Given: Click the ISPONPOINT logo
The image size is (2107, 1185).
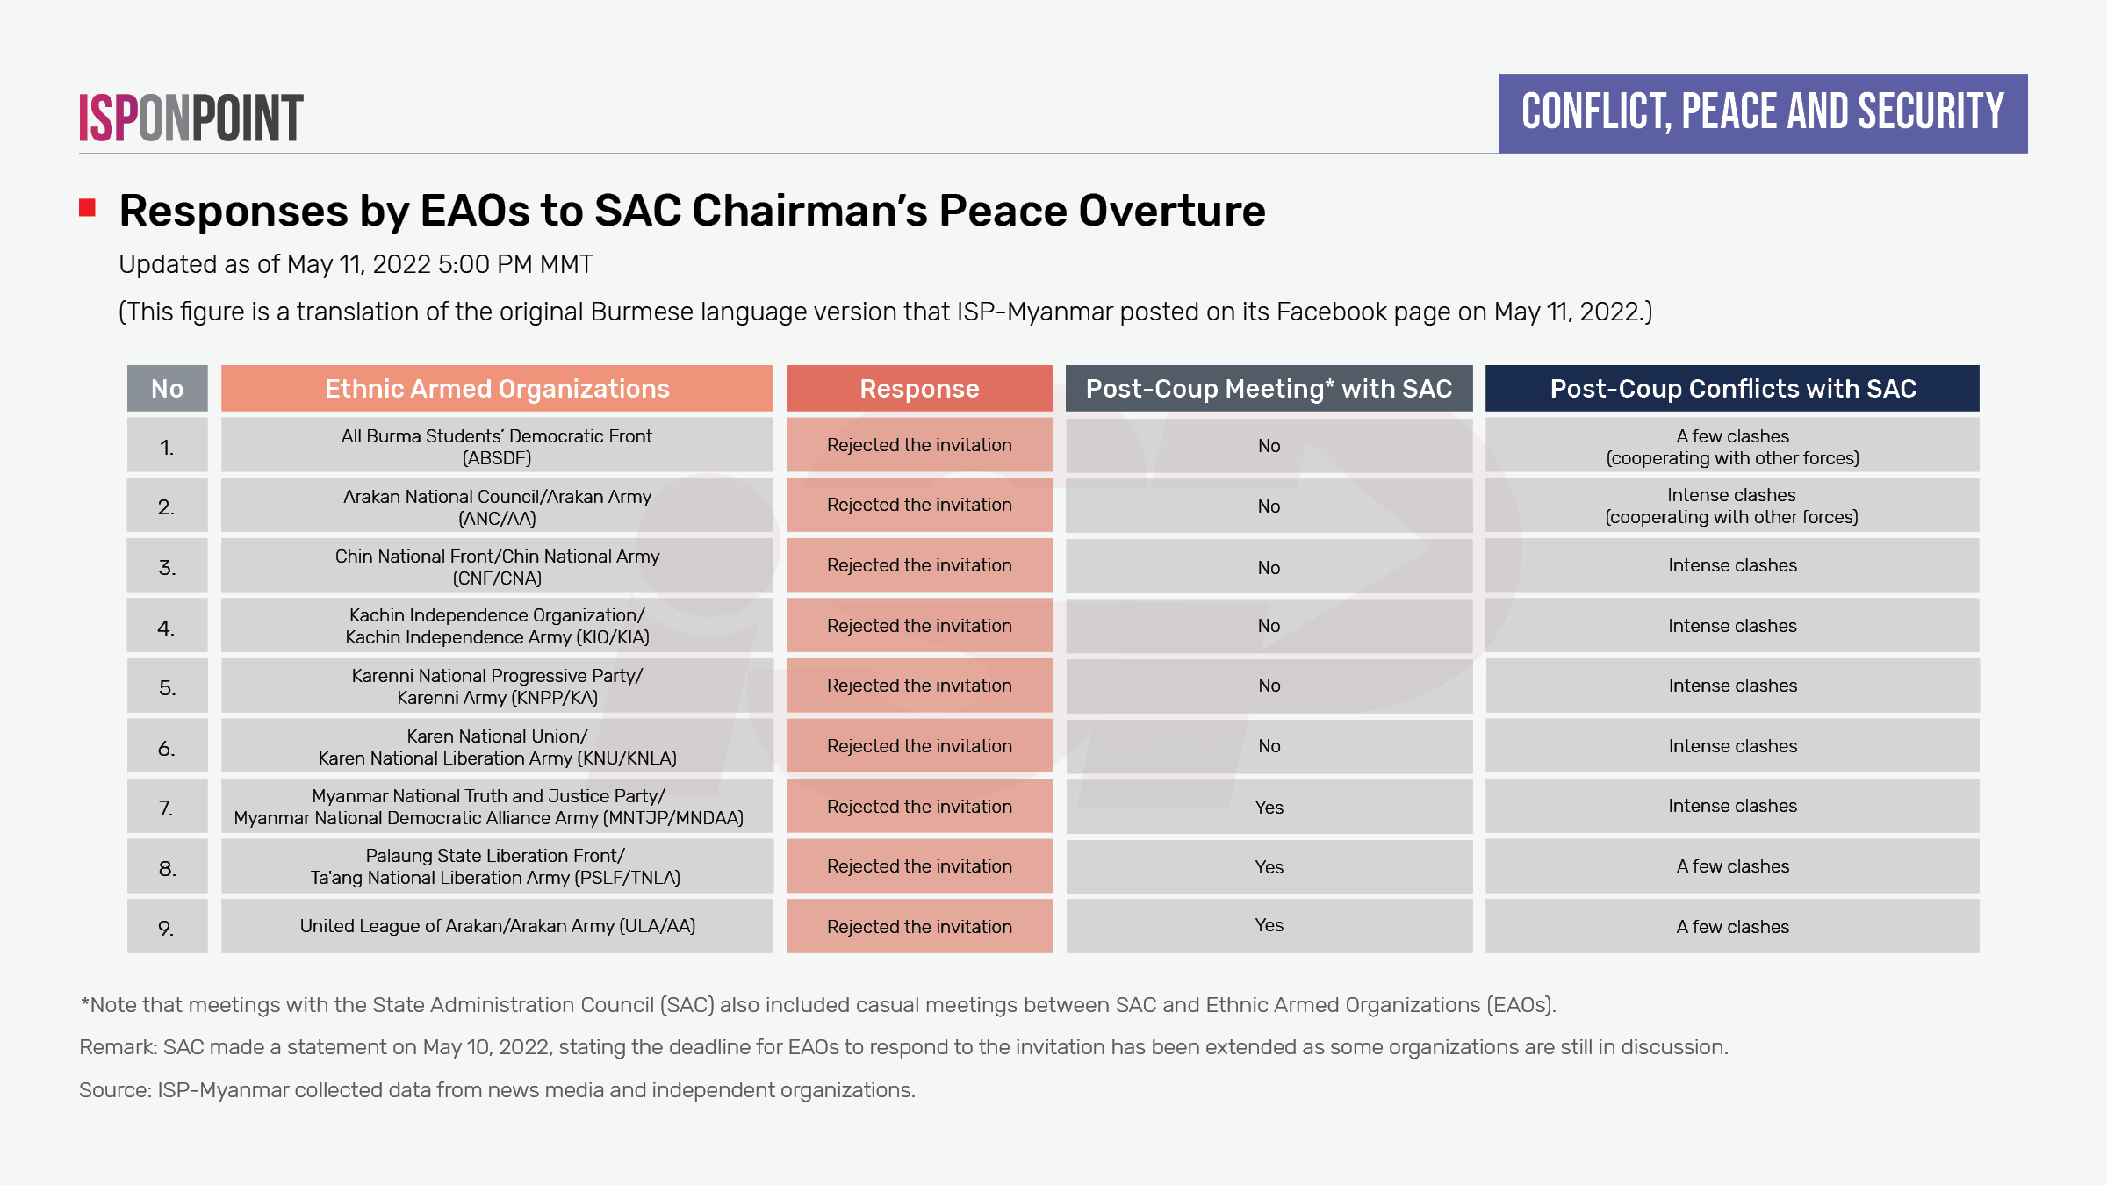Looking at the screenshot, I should click(191, 118).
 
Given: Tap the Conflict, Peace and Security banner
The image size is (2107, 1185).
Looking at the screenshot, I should click(1762, 113).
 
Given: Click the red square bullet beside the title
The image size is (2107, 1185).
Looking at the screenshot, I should click(87, 208).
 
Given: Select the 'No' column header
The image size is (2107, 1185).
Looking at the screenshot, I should click(167, 389).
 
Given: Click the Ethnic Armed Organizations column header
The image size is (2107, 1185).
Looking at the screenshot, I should click(497, 389).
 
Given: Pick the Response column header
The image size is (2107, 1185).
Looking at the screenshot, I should click(919, 389).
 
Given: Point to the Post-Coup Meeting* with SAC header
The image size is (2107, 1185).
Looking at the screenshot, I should click(1269, 389).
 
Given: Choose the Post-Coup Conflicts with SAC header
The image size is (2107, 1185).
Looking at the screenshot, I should click(1732, 389).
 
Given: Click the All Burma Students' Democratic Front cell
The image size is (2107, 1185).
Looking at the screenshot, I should click(497, 446).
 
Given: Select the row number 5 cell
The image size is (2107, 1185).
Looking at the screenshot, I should click(167, 687).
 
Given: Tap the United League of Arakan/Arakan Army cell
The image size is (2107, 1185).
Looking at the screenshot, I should click(497, 926).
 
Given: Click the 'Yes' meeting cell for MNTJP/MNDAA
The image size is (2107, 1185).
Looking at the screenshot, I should click(1269, 807).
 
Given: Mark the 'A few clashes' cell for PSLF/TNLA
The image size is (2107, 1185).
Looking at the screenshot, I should click(1732, 866).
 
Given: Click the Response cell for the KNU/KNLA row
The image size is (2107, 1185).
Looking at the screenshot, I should click(919, 746).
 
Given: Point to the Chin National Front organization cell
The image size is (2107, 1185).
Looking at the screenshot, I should click(497, 566).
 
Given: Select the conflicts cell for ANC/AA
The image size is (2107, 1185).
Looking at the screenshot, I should click(1732, 506).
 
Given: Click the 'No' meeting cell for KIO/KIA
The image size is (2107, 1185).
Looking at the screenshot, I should click(1269, 626).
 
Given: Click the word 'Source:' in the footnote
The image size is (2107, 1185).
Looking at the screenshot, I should click(114, 1090).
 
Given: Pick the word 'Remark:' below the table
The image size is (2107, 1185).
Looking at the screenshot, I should click(118, 1047).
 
